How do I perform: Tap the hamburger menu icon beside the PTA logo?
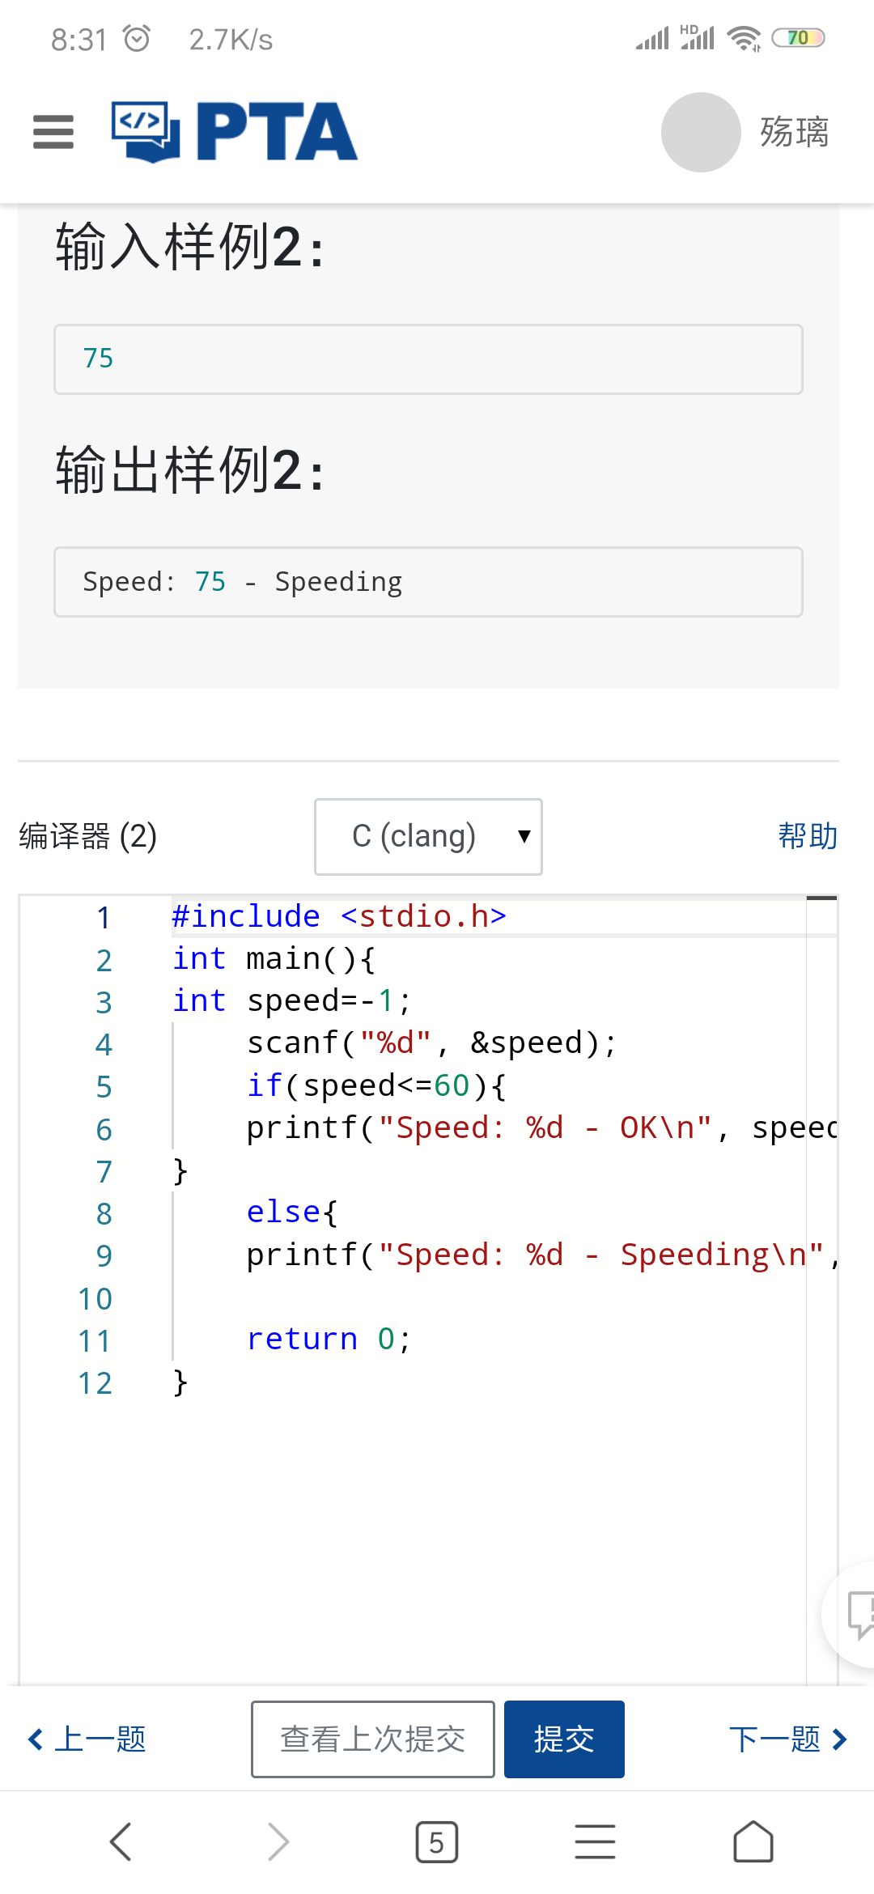(x=53, y=132)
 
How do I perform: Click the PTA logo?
(x=235, y=131)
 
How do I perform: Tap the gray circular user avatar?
(x=701, y=132)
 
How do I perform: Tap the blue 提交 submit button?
(x=564, y=1739)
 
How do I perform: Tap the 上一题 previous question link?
(x=87, y=1739)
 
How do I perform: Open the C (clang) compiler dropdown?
(x=428, y=836)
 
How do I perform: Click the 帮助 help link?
(x=808, y=835)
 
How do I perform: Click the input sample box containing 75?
(x=428, y=359)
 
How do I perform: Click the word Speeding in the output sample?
(x=338, y=582)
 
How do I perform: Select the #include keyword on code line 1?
(x=246, y=916)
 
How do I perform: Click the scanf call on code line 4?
(x=292, y=1043)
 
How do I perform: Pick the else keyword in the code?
(x=284, y=1212)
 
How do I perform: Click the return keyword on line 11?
(x=302, y=1339)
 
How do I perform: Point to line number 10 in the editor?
(x=95, y=1299)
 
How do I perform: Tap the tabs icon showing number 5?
(x=437, y=1842)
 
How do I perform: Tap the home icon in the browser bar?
(x=753, y=1841)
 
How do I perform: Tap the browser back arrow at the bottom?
(x=121, y=1842)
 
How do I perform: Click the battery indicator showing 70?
(x=798, y=38)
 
